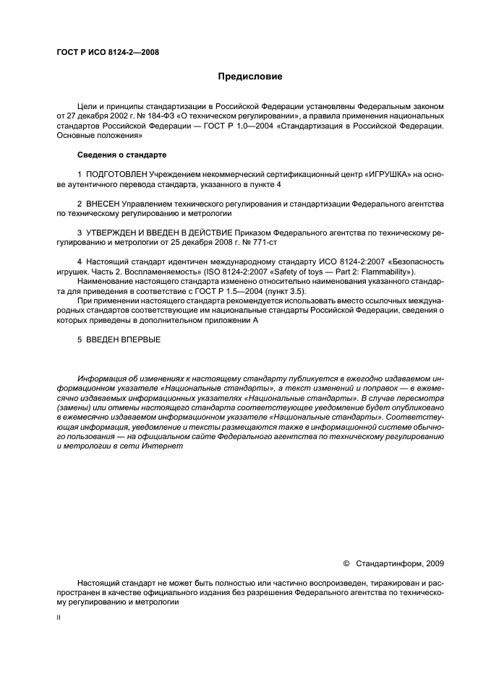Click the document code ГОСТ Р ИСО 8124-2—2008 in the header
[x=108, y=53]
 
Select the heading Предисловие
[x=249, y=76]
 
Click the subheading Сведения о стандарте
[x=121, y=155]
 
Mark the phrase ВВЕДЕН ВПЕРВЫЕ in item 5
[x=124, y=339]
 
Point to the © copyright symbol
[x=346, y=562]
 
